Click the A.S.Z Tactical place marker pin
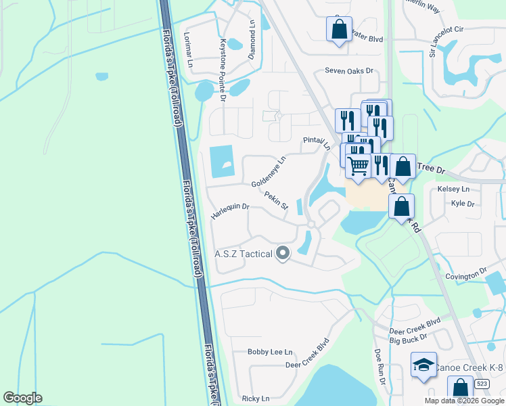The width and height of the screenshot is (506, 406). [x=283, y=254]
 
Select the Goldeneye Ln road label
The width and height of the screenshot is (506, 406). [x=269, y=174]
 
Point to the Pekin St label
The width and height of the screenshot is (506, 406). [x=277, y=200]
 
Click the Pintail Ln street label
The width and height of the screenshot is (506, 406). [x=317, y=143]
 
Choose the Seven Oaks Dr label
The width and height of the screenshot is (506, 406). [x=348, y=70]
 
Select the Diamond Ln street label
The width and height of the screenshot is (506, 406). [x=252, y=39]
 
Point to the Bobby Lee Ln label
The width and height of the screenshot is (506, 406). [x=270, y=352]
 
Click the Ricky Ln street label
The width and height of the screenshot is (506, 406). [x=255, y=399]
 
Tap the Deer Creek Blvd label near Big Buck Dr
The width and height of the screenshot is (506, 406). [x=415, y=321]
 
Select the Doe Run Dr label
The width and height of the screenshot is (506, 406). [x=379, y=367]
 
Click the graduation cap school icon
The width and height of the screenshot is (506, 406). [x=423, y=365]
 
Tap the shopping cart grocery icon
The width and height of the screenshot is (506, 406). [x=358, y=164]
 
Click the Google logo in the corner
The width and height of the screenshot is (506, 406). [x=22, y=398]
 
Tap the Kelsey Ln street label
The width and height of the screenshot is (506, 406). [x=453, y=189]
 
